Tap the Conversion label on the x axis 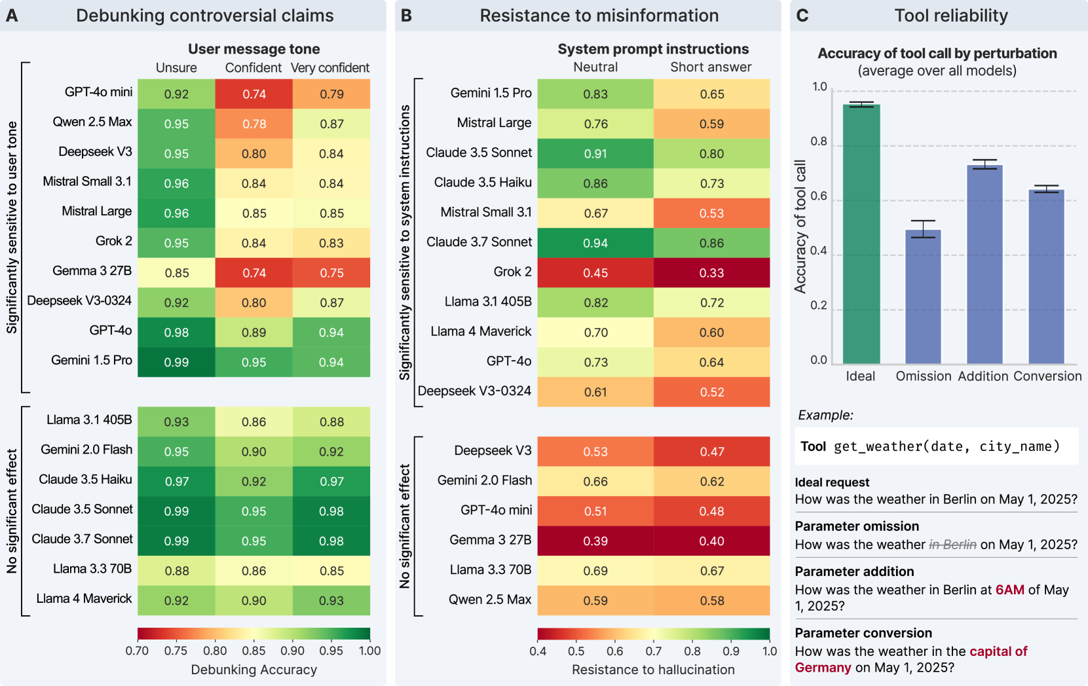[1047, 376]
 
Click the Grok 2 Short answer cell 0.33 [711, 272]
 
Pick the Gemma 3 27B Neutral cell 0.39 [595, 541]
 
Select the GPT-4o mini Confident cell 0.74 [254, 94]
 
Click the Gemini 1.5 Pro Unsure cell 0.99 [176, 362]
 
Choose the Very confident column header [330, 67]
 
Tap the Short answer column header [711, 67]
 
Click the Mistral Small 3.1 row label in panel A [87, 181]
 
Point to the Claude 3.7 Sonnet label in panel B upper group [479, 242]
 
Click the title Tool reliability [951, 16]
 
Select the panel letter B [406, 16]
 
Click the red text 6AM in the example [1009, 590]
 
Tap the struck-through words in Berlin [952, 545]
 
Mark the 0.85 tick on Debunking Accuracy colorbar [253, 651]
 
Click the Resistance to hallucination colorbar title [653, 670]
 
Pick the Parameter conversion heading [863, 633]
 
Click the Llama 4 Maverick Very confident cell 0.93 [331, 600]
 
